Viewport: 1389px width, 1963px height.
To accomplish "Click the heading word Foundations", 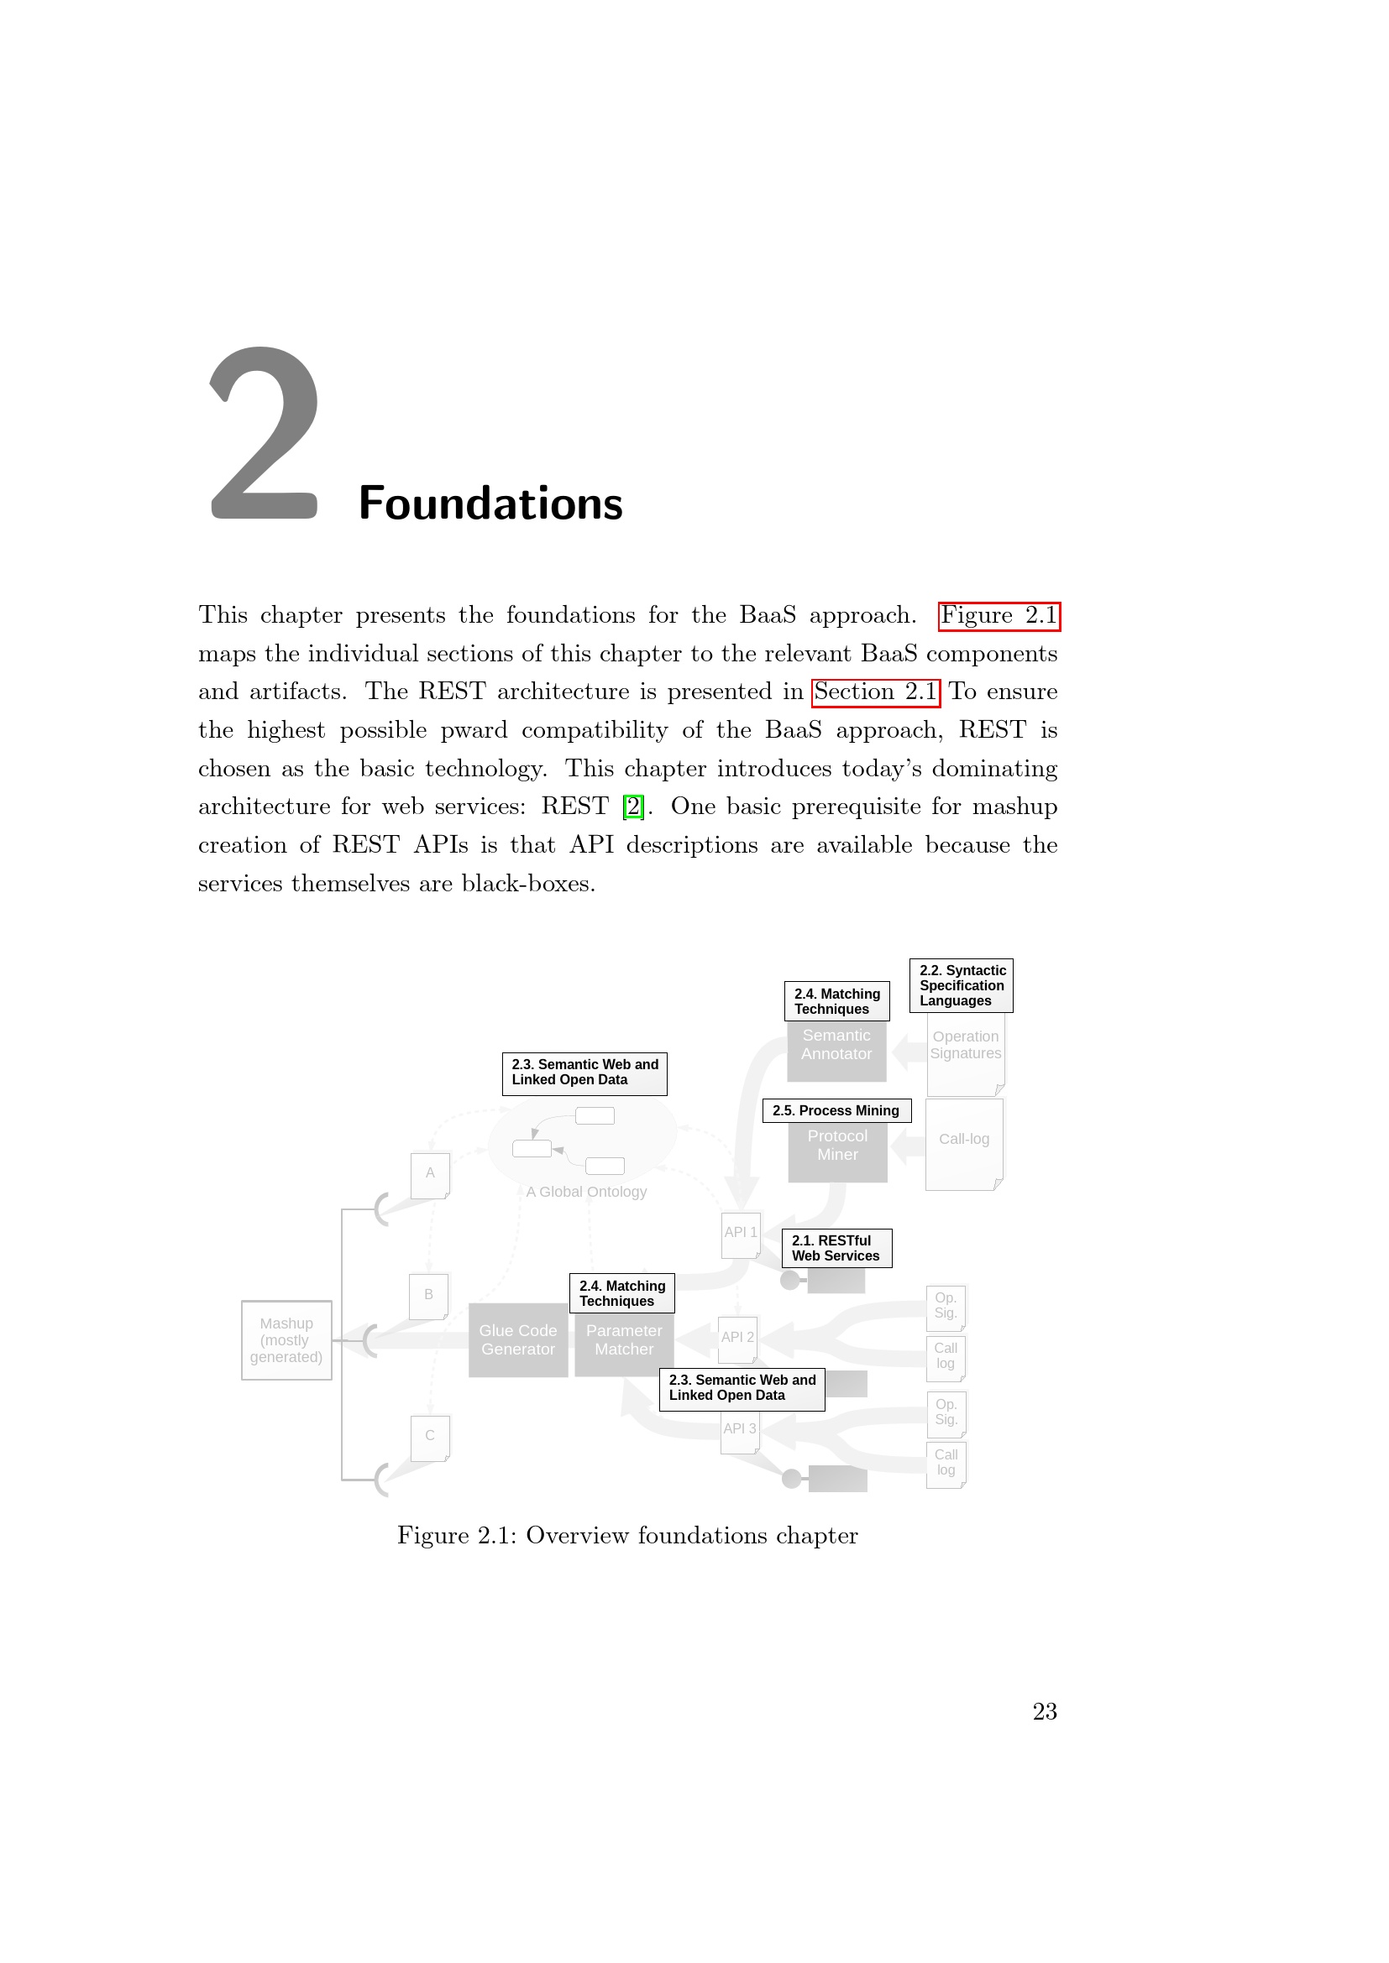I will pyautogui.click(x=490, y=504).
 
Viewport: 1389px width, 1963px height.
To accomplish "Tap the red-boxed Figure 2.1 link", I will pyautogui.click(x=999, y=615).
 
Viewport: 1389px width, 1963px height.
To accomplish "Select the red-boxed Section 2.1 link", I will pyautogui.click(x=875, y=692).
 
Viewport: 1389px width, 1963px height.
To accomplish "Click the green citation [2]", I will pyautogui.click(x=633, y=807).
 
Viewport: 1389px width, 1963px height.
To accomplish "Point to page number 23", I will pyautogui.click(x=1044, y=1710).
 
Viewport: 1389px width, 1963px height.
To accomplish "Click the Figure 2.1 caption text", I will pyautogui.click(x=627, y=1536).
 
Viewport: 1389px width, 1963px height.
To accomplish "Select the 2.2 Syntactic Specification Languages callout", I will pyautogui.click(x=961, y=985).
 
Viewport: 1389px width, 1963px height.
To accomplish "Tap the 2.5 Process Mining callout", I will pyautogui.click(x=836, y=1110).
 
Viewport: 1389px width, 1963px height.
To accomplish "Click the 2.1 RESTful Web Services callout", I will pyautogui.click(x=836, y=1248).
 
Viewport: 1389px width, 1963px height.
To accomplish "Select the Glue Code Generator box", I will pyautogui.click(x=517, y=1339).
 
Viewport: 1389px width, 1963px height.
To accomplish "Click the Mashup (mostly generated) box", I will pyautogui.click(x=286, y=1339).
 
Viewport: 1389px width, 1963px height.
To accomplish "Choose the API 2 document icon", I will pyautogui.click(x=737, y=1339).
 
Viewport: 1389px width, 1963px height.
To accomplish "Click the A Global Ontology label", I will pyautogui.click(x=586, y=1192).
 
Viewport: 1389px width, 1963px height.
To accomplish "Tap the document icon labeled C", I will pyautogui.click(x=429, y=1438).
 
